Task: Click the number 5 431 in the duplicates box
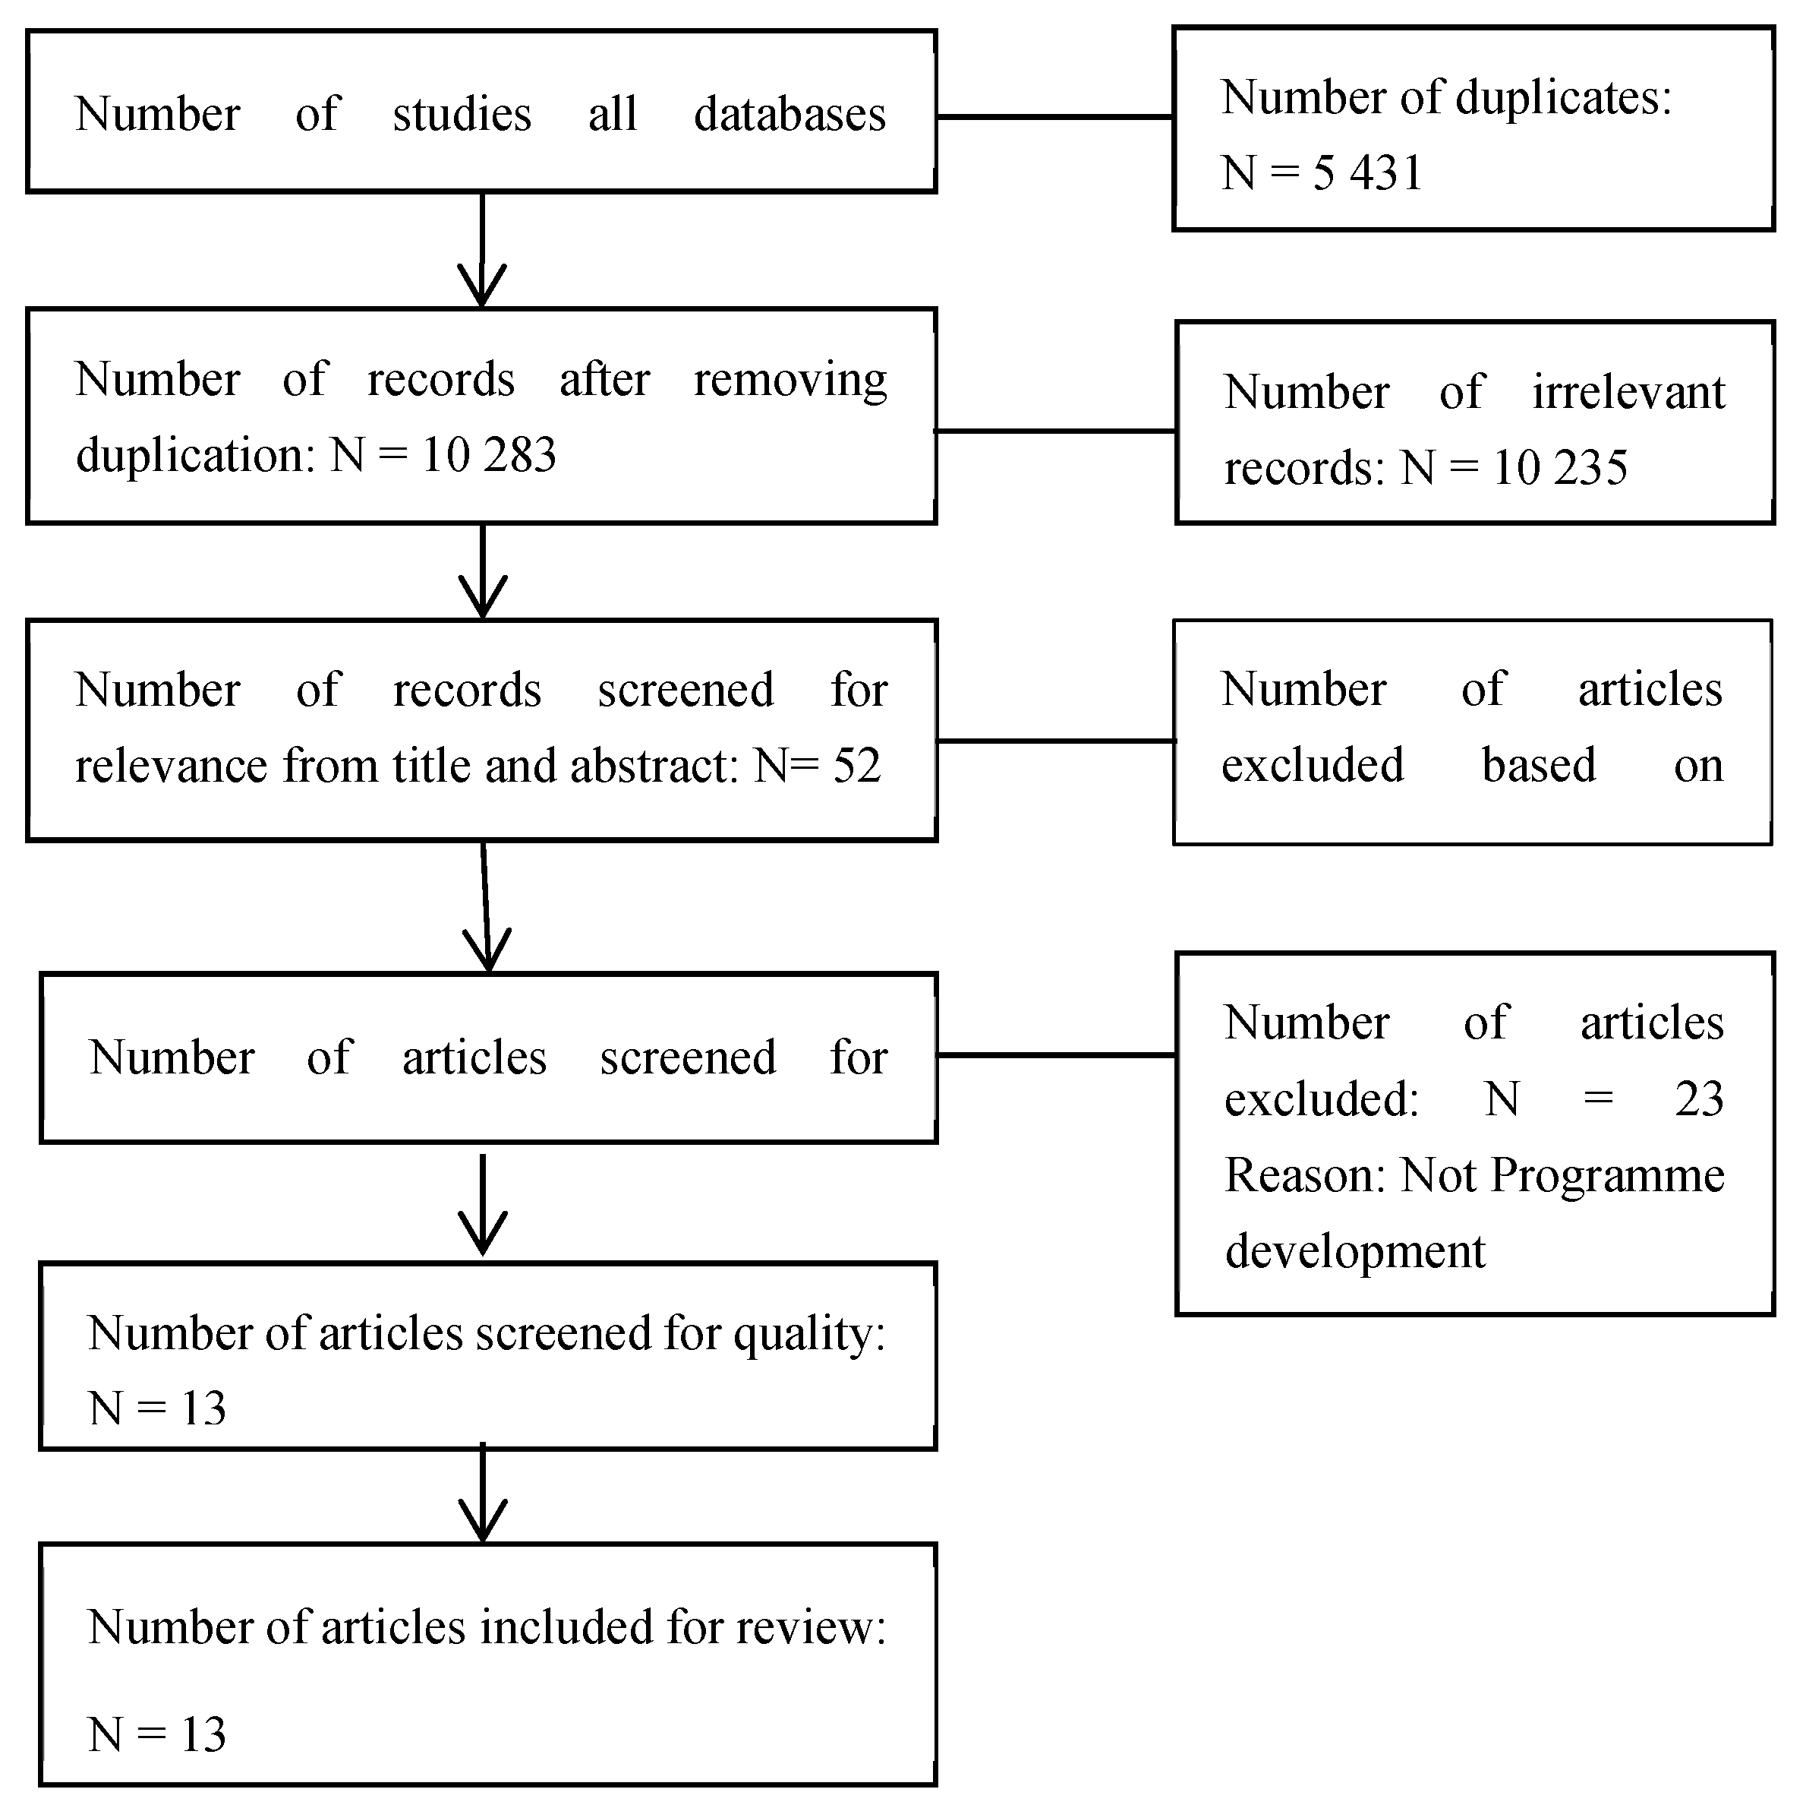pyautogui.click(x=1366, y=173)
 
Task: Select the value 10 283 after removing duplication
pyautogui.click(x=489, y=456)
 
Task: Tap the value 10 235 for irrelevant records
pyautogui.click(x=1560, y=468)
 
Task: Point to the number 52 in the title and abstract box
pyautogui.click(x=856, y=766)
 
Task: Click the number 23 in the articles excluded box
pyautogui.click(x=1698, y=1099)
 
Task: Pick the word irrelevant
pyautogui.click(x=1628, y=392)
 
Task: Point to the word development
pyautogui.click(x=1354, y=1252)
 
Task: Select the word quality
pyautogui.click(x=808, y=1334)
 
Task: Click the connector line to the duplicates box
pyautogui.click(x=1054, y=117)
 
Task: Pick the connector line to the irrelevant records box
pyautogui.click(x=1054, y=431)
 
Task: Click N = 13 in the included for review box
pyautogui.click(x=157, y=1735)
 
